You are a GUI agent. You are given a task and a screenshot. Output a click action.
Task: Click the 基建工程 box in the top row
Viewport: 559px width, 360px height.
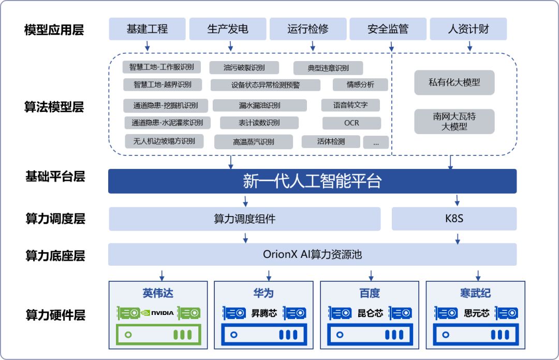[x=147, y=29]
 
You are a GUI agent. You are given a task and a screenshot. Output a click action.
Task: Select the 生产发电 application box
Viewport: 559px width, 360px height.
[x=228, y=29]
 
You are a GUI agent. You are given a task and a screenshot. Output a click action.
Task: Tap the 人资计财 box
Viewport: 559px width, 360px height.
[x=468, y=29]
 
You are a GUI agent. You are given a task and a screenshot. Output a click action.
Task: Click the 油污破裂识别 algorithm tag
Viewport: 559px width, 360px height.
[x=244, y=68]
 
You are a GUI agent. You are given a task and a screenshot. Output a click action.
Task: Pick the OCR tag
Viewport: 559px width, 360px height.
[x=351, y=123]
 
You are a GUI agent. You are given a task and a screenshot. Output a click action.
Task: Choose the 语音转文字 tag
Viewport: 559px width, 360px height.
[x=350, y=105]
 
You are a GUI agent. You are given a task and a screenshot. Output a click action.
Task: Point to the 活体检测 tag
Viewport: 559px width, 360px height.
[x=331, y=141]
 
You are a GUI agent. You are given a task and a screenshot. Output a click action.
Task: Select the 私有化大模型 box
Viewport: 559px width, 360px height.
[x=454, y=83]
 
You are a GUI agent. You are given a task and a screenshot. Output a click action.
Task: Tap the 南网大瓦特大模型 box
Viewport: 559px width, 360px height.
[x=454, y=122]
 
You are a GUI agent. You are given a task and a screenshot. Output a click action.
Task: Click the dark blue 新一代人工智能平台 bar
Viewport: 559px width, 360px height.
[x=312, y=181]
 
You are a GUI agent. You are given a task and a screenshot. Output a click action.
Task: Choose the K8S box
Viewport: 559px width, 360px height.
[x=454, y=219]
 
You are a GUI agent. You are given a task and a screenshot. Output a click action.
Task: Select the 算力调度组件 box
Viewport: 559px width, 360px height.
[x=244, y=219]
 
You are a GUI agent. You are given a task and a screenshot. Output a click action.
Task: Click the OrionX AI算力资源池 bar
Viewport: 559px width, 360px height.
[x=312, y=254]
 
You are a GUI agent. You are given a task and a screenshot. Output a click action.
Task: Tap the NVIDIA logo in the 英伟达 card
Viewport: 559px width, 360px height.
[x=158, y=313]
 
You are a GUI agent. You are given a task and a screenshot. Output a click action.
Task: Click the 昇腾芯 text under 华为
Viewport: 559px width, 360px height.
[x=263, y=313]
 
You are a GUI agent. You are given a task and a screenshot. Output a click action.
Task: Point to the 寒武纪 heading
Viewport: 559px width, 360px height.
[x=475, y=293]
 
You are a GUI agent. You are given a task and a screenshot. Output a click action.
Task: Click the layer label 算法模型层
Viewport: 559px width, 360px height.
[x=54, y=107]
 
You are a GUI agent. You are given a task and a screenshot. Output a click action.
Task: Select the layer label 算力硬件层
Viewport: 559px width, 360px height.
[x=55, y=314]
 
